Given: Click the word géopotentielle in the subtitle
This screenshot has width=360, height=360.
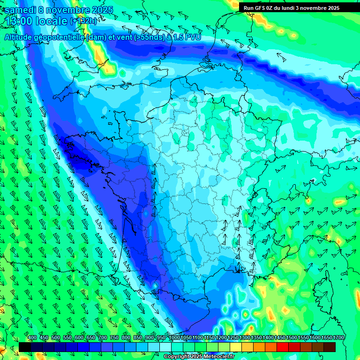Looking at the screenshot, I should [x=59, y=37].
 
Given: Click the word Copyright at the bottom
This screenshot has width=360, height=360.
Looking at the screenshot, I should [x=177, y=357].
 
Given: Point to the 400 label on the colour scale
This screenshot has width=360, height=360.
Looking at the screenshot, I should [x=32, y=338].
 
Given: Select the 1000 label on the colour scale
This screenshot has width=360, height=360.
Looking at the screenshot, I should [x=173, y=338].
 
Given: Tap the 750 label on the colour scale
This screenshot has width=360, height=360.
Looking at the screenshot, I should [x=114, y=338].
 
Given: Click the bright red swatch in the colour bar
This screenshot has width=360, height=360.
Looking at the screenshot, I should [x=283, y=347].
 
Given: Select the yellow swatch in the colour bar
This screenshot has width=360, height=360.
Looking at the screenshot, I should [x=236, y=347].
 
